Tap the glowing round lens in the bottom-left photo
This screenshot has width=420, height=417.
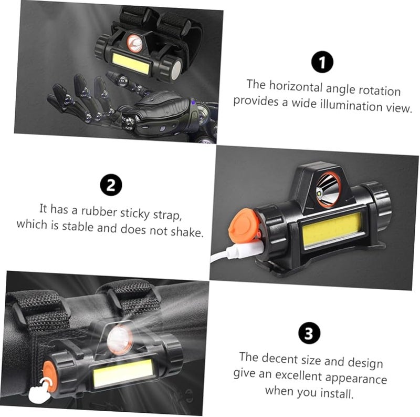point(120,339)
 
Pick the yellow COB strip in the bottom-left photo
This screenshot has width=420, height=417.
point(123,372)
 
